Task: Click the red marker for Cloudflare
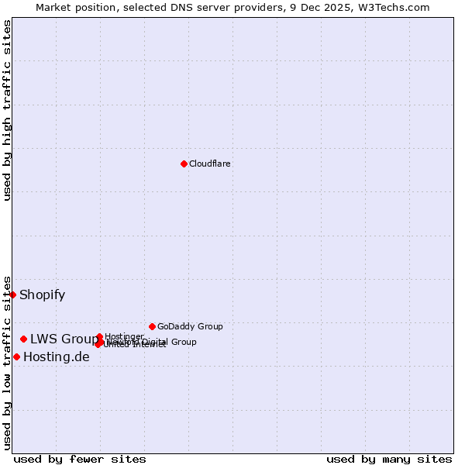coord(184,164)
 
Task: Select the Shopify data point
coord(12,294)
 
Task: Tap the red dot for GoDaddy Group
coord(152,326)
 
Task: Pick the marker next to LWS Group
coord(24,339)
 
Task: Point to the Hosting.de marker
coord(16,356)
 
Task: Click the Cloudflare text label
coord(210,164)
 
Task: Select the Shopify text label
coord(42,294)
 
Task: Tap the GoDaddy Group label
coord(190,326)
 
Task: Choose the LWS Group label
coord(64,339)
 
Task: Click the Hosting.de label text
coord(57,356)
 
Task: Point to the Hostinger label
coord(124,336)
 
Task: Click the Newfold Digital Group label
coord(155,342)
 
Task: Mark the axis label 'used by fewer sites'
coord(80,459)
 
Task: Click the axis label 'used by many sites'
coord(389,459)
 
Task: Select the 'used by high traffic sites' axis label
coord(7,110)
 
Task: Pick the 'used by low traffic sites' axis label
coord(7,363)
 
